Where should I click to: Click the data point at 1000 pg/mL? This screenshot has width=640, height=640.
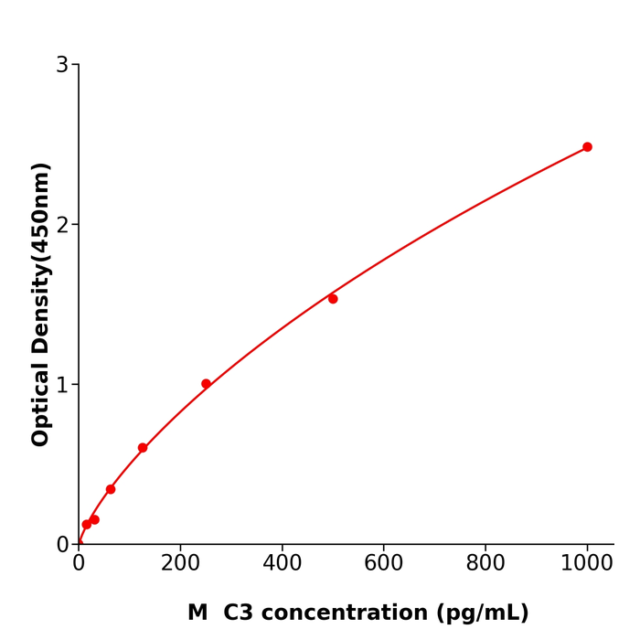pos(587,147)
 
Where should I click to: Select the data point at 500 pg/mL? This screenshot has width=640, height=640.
pos(333,299)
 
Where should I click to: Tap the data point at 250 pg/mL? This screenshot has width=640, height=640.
pos(206,384)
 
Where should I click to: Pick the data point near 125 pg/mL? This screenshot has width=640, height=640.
pos(143,448)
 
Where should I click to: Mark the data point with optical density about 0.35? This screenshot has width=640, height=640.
pos(111,489)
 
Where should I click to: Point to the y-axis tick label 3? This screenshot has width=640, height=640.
pos(62,65)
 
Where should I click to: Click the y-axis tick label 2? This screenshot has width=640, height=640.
pos(62,225)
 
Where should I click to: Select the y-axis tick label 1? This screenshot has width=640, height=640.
pos(62,385)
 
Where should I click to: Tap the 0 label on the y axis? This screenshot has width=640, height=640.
pos(62,545)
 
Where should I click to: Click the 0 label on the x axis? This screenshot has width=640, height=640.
pos(79,564)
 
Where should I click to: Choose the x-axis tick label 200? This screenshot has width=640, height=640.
pos(180,564)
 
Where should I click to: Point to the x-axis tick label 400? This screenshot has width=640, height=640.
pos(282,564)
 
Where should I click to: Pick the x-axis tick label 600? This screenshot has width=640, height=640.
pos(383,564)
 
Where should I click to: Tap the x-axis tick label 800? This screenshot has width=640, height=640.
pos(485,564)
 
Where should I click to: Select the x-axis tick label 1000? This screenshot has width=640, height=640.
pos(586,564)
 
